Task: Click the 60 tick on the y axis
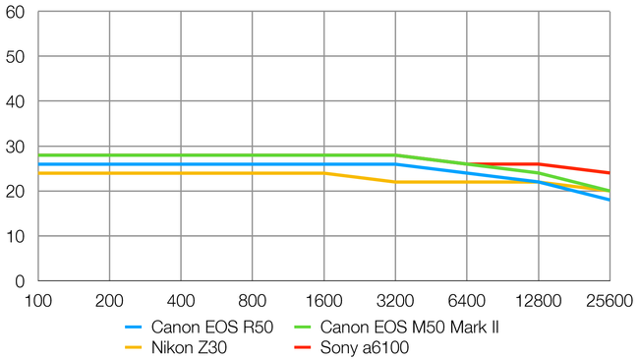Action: click(17, 12)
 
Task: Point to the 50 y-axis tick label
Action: click(17, 56)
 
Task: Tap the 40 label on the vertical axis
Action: click(17, 101)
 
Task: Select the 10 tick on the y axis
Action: click(17, 236)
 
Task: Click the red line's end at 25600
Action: click(610, 173)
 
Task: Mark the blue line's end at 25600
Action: click(610, 200)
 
